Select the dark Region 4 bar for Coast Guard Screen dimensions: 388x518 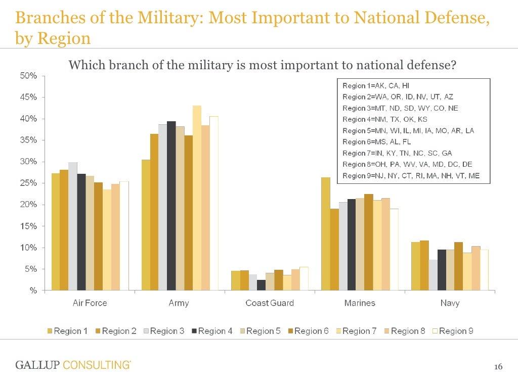click(x=261, y=285)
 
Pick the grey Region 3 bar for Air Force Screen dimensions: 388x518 click(x=73, y=226)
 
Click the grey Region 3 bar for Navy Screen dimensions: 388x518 click(x=433, y=275)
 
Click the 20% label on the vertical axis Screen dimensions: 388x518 click(x=29, y=205)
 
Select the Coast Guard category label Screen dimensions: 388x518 click(x=269, y=303)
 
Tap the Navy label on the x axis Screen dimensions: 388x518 click(x=449, y=303)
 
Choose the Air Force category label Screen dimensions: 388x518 click(x=90, y=303)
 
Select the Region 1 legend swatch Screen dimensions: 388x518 click(x=50, y=331)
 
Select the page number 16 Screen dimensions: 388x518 click(x=498, y=367)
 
